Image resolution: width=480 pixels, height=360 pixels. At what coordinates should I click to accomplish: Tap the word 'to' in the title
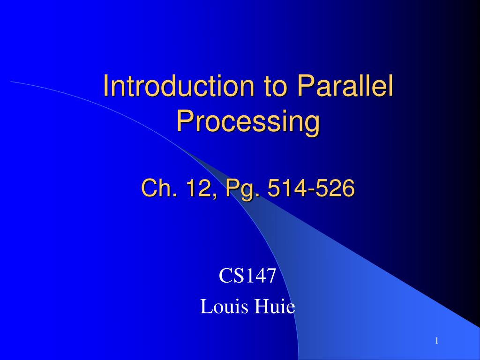(x=276, y=86)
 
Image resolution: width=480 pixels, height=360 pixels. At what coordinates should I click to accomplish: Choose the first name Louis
(x=224, y=306)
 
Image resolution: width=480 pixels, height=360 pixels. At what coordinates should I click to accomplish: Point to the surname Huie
(x=275, y=306)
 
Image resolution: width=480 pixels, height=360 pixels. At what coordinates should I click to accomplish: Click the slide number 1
(x=437, y=341)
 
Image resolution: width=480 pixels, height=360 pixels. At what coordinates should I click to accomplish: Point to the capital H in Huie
(x=261, y=306)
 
